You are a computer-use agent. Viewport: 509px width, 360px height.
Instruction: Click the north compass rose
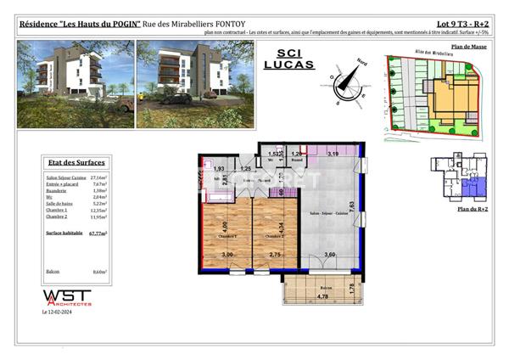coord(346,82)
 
